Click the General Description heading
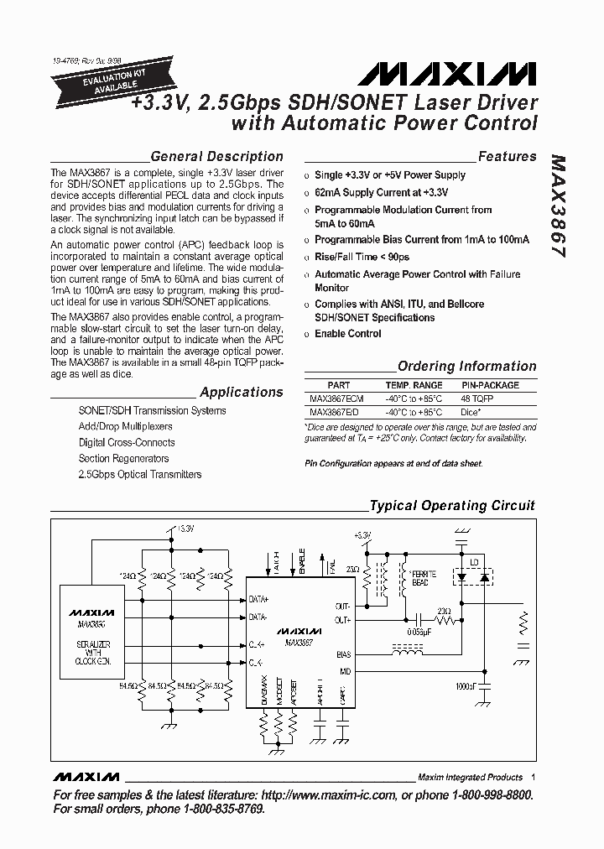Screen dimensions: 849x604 click(x=216, y=157)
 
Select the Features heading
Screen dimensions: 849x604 click(x=507, y=157)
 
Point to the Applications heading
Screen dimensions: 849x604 click(x=242, y=393)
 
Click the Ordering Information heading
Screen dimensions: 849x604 click(x=466, y=367)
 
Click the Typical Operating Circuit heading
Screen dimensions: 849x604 click(x=452, y=506)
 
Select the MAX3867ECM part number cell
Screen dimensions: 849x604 click(x=336, y=399)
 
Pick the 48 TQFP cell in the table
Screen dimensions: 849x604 click(x=478, y=399)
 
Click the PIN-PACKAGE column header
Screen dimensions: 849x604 click(x=491, y=385)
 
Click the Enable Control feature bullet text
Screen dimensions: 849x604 click(x=348, y=334)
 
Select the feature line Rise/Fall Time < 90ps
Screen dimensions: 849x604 click(x=362, y=258)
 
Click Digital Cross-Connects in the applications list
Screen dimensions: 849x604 click(x=127, y=442)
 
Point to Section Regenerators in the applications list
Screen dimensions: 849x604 click(x=123, y=458)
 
